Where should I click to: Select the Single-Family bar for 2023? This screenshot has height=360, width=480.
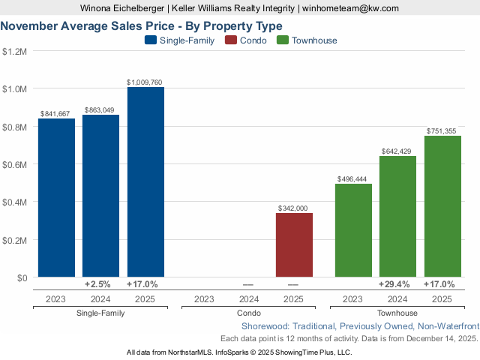coord(56,198)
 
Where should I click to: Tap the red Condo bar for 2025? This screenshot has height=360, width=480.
coord(294,245)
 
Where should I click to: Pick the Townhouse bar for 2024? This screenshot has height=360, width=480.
coord(397,217)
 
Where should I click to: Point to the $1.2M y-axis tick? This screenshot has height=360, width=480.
coord(14,52)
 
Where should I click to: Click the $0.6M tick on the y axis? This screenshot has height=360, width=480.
coord(14,165)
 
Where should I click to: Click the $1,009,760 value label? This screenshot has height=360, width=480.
coord(145,82)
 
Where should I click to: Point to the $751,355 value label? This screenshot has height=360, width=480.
coord(442,130)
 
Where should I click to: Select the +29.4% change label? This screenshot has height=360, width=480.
coord(397,285)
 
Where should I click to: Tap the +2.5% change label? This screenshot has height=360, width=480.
coord(100,285)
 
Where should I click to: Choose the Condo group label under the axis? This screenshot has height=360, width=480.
coord(249,313)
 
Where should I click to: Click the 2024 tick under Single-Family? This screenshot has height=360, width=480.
coord(100,298)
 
